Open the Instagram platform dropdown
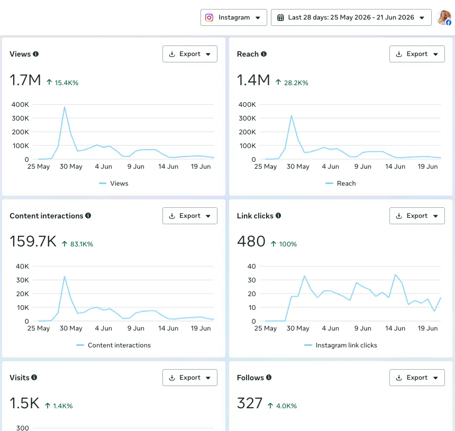point(234,17)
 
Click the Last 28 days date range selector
point(351,17)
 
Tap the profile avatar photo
point(444,17)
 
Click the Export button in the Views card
point(190,54)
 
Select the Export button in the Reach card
point(417,54)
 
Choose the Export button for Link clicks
point(417,216)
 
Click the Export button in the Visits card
point(190,378)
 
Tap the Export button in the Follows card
point(417,378)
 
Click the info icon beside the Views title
point(35,54)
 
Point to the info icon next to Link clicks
point(278,216)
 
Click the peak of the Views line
point(65,107)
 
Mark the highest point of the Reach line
point(292,116)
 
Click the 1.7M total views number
point(25,80)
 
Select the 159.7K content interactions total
point(33,241)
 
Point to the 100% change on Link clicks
point(288,244)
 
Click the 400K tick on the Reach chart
point(247,104)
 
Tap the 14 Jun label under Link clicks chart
point(395,328)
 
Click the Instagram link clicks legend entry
point(341,345)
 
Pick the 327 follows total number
point(250,403)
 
